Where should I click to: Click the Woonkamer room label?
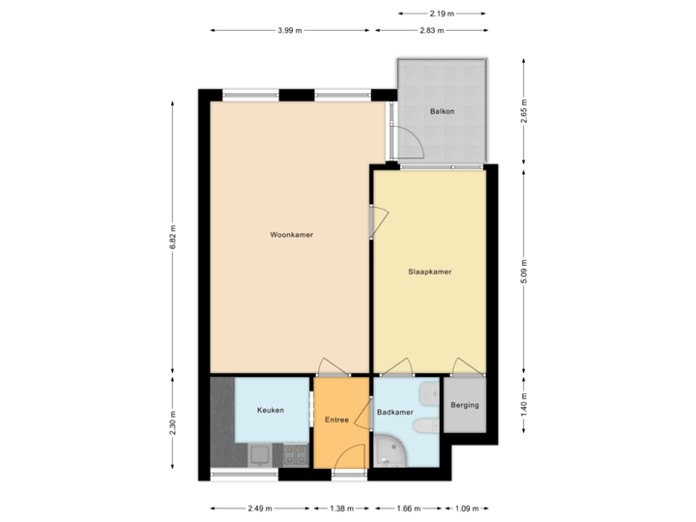[x=291, y=235]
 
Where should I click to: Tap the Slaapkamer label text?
[x=430, y=272]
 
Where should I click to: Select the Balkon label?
[x=442, y=112]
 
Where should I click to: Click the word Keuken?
[x=270, y=411]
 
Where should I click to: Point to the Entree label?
[x=336, y=419]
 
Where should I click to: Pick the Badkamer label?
[x=393, y=412]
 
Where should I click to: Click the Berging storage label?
[x=465, y=405]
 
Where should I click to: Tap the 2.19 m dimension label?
[x=442, y=13]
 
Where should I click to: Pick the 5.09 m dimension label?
[x=524, y=269]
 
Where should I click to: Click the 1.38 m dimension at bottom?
[x=340, y=507]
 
